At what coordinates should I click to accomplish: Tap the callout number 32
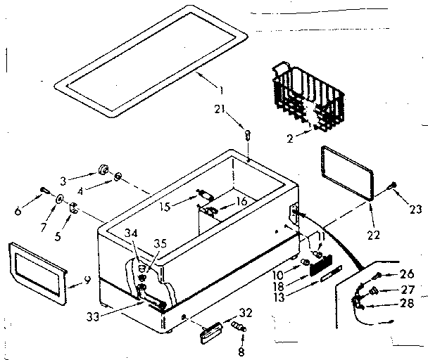click(x=245, y=313)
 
